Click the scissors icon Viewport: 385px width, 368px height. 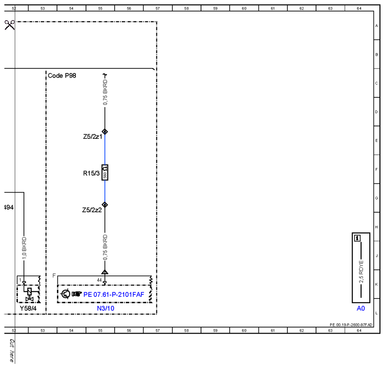point(10,25)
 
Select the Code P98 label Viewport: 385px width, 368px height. point(62,75)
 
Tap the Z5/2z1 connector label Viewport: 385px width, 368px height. point(92,136)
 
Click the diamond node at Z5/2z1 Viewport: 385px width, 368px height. point(105,132)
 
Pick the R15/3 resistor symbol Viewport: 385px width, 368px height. point(105,173)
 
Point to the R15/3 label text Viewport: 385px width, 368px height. point(92,173)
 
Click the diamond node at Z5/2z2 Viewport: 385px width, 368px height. point(105,205)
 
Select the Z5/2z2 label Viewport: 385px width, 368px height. point(92,210)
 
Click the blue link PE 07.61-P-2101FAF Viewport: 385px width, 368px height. point(114,294)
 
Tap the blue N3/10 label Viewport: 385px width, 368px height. point(106,308)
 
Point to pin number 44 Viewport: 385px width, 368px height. point(99,280)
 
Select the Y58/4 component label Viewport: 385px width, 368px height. point(28,308)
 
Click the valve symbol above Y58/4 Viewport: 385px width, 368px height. point(29,294)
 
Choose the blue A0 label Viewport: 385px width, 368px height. point(361,308)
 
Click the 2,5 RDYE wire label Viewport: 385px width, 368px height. point(361,272)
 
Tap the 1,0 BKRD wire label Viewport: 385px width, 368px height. point(24,248)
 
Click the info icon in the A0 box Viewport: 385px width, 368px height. point(357,238)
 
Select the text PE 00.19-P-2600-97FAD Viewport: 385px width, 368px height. point(351,325)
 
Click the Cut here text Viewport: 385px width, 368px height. point(12,351)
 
